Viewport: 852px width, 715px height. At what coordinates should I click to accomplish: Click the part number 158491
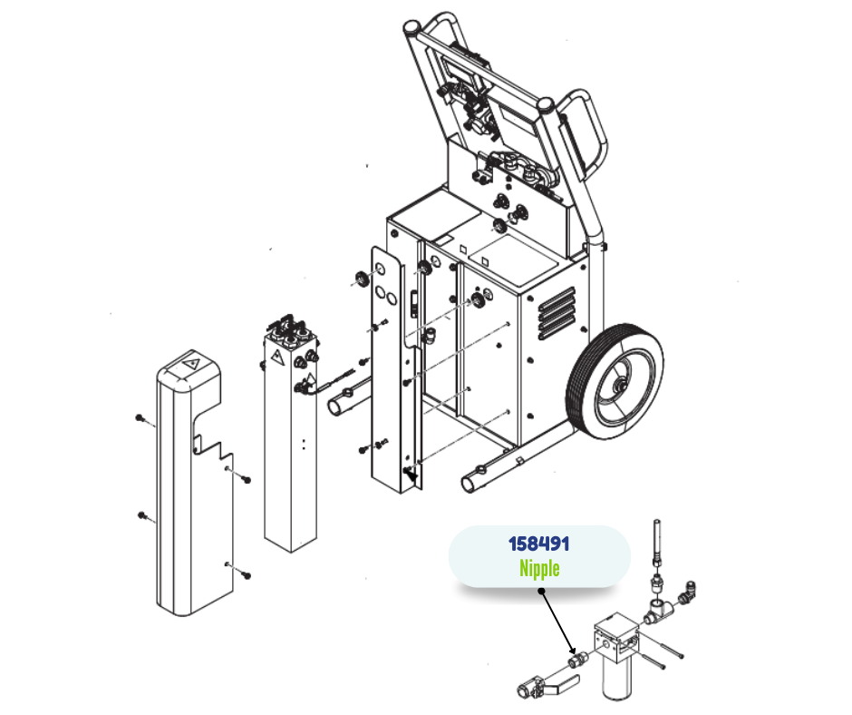pyautogui.click(x=538, y=543)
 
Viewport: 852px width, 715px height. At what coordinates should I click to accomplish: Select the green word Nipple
pyautogui.click(x=539, y=568)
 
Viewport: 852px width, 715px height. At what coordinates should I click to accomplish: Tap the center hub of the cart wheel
pyautogui.click(x=619, y=386)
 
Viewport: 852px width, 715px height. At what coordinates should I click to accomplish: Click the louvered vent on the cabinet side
pyautogui.click(x=556, y=313)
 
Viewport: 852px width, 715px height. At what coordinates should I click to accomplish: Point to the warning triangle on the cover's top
pyautogui.click(x=189, y=364)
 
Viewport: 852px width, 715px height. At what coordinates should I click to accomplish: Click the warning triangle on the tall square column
pyautogui.click(x=277, y=357)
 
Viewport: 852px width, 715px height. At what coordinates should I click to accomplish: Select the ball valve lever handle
pyautogui.click(x=561, y=684)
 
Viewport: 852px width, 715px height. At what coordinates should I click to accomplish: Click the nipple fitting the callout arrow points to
pyautogui.click(x=577, y=661)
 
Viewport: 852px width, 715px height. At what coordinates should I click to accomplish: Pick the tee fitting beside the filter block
pyautogui.click(x=658, y=611)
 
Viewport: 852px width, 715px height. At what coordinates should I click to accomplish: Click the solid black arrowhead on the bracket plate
pyautogui.click(x=412, y=476)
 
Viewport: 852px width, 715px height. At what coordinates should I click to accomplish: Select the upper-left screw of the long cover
pyautogui.click(x=140, y=418)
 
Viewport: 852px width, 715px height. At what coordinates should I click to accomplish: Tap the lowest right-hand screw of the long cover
pyautogui.click(x=247, y=574)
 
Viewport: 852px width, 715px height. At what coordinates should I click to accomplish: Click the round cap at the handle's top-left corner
pyautogui.click(x=411, y=26)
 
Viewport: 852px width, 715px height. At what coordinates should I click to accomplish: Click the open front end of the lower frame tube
pyautogui.click(x=468, y=484)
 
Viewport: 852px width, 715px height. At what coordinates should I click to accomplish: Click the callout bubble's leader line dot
pyautogui.click(x=542, y=591)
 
